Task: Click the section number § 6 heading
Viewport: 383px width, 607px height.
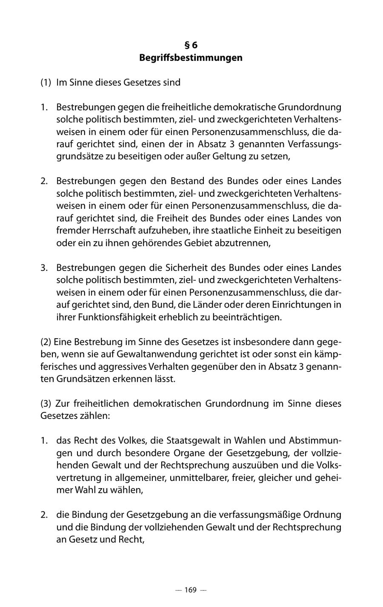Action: tap(191, 45)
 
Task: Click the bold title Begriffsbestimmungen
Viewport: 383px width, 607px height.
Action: tap(191, 58)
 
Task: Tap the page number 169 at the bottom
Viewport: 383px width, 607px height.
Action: tap(191, 590)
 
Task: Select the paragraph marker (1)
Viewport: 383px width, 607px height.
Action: tap(46, 82)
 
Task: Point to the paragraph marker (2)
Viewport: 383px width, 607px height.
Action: tap(46, 342)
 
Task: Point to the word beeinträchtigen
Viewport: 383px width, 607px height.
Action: tap(244, 317)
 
